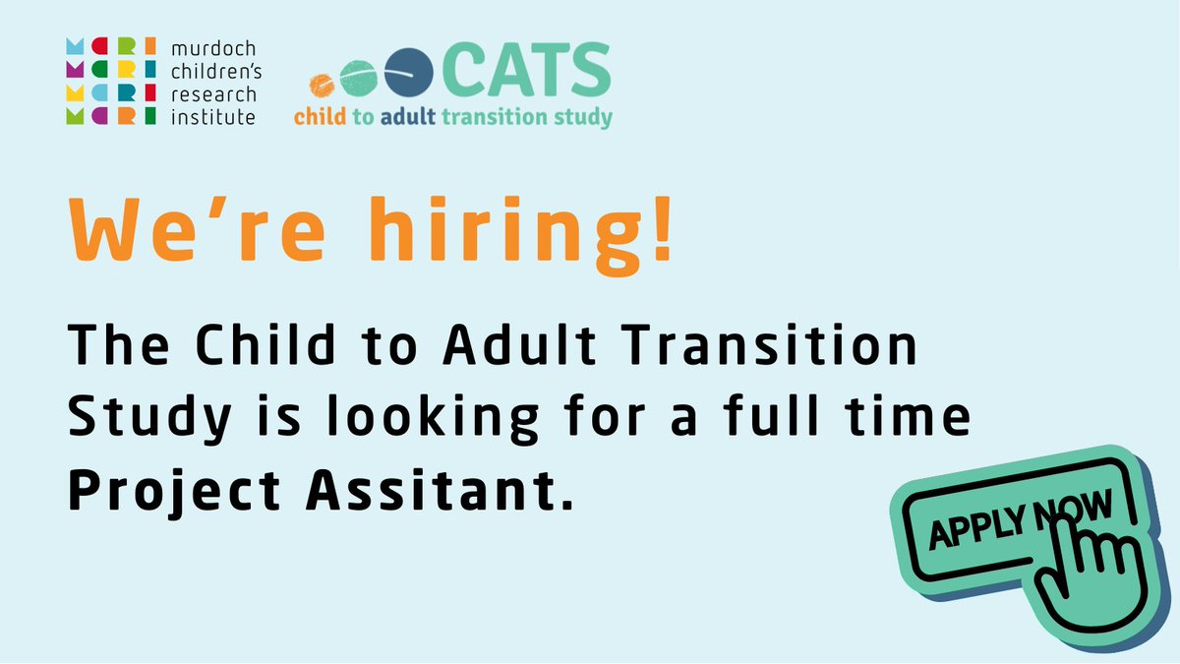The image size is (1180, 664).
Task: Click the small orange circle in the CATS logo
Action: tap(321, 84)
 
